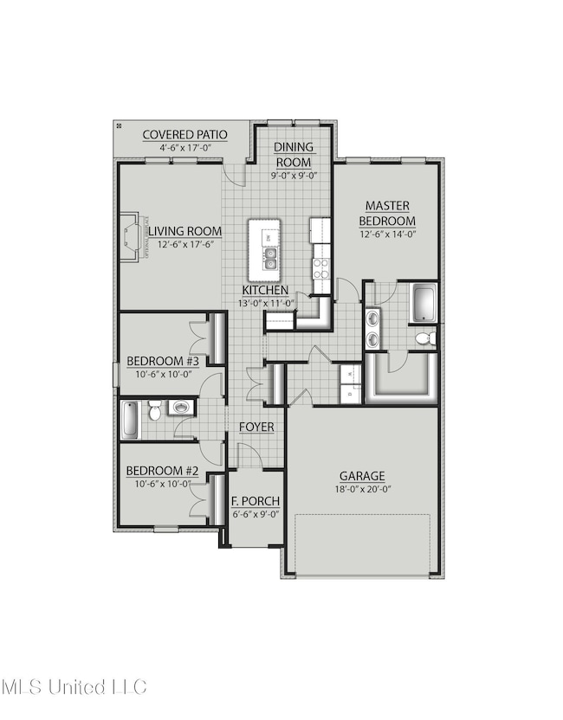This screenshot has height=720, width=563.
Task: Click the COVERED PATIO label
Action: (x=184, y=134)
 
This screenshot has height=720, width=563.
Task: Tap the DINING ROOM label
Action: (x=295, y=155)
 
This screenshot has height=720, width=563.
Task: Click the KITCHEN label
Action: (x=265, y=290)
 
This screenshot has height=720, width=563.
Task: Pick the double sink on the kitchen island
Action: (x=271, y=254)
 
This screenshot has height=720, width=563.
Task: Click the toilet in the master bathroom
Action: (x=424, y=338)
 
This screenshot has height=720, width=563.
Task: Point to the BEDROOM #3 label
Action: (x=164, y=361)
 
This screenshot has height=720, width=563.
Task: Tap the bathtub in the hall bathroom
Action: (x=128, y=419)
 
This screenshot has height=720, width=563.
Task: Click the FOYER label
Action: (x=257, y=427)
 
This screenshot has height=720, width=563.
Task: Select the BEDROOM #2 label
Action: (x=164, y=471)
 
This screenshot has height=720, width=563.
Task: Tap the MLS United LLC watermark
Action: (x=74, y=687)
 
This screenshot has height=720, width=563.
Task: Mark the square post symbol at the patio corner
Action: (x=119, y=126)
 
